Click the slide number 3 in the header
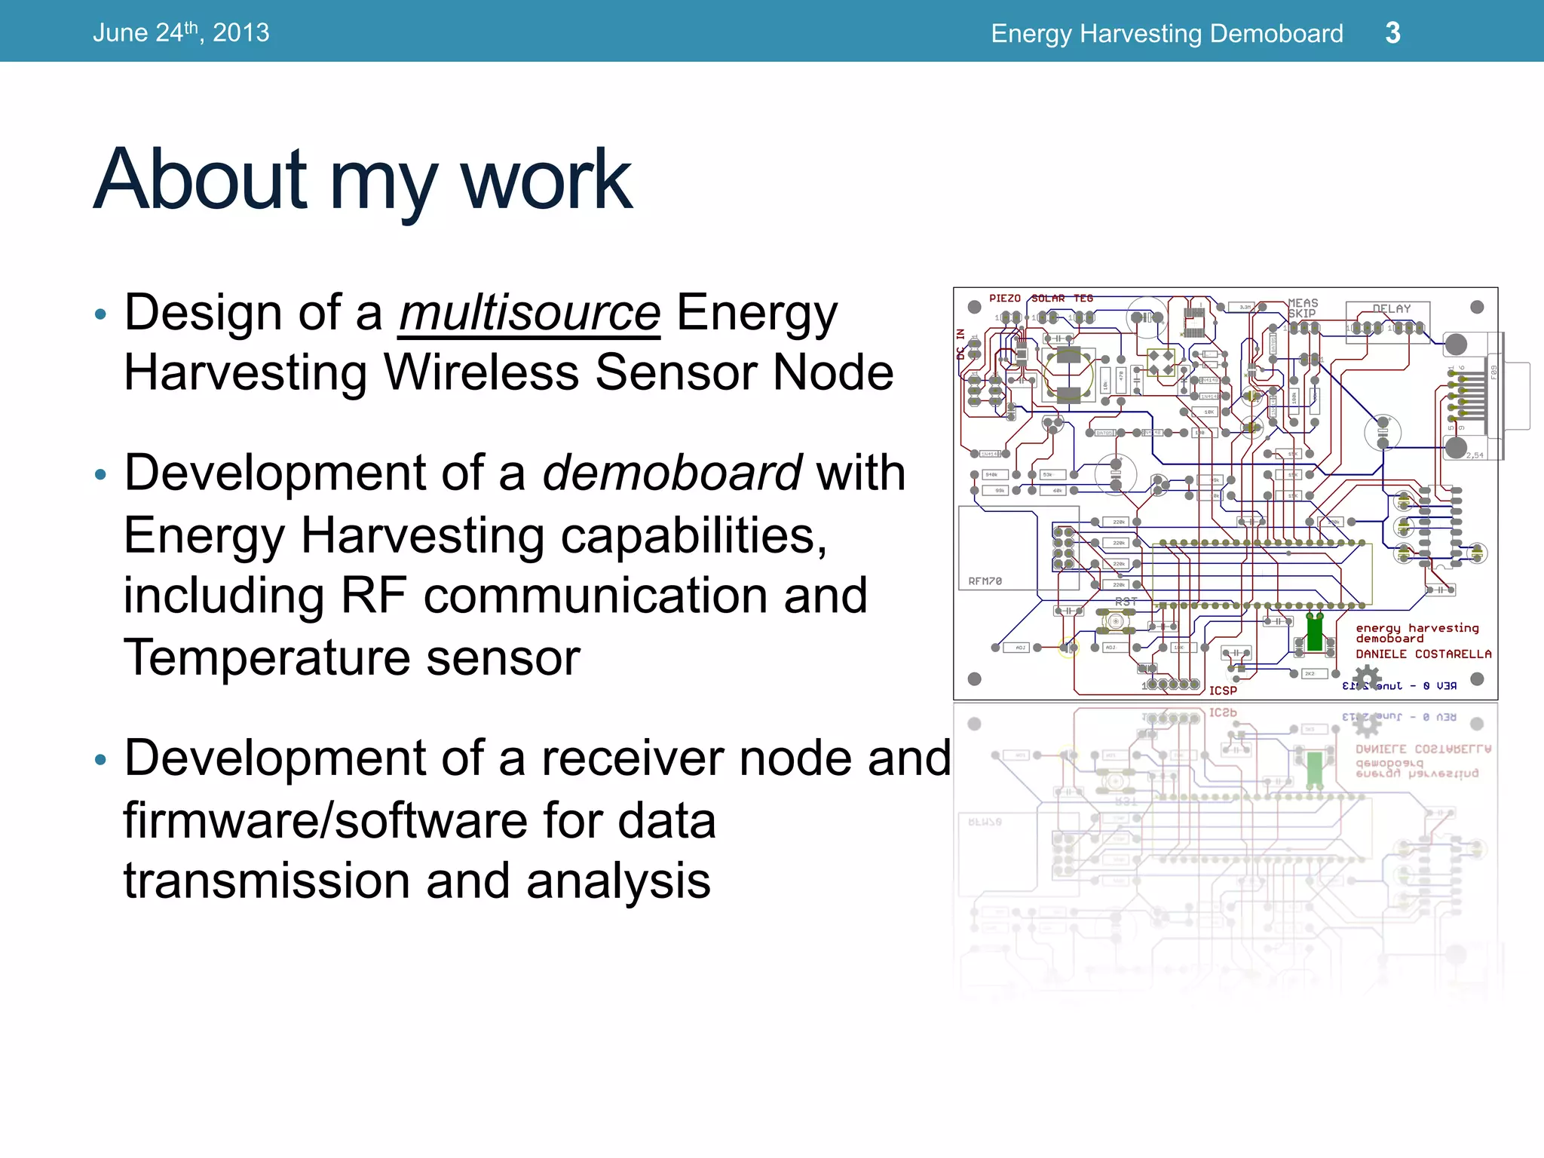[x=1392, y=32]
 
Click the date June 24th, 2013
[x=181, y=32]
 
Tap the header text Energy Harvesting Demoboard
[x=1166, y=33]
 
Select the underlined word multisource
[x=529, y=312]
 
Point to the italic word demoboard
[x=671, y=473]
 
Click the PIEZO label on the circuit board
[x=1004, y=299]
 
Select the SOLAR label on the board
[x=1048, y=299]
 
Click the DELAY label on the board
[x=1391, y=308]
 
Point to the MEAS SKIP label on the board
[x=1302, y=308]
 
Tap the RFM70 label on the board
[x=985, y=581]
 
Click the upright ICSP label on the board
[x=1223, y=691]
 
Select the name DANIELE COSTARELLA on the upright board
[x=1423, y=654]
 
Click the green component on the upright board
[x=1314, y=633]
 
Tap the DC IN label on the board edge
[x=960, y=343]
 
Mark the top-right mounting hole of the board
[x=1477, y=307]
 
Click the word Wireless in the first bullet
[x=480, y=372]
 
